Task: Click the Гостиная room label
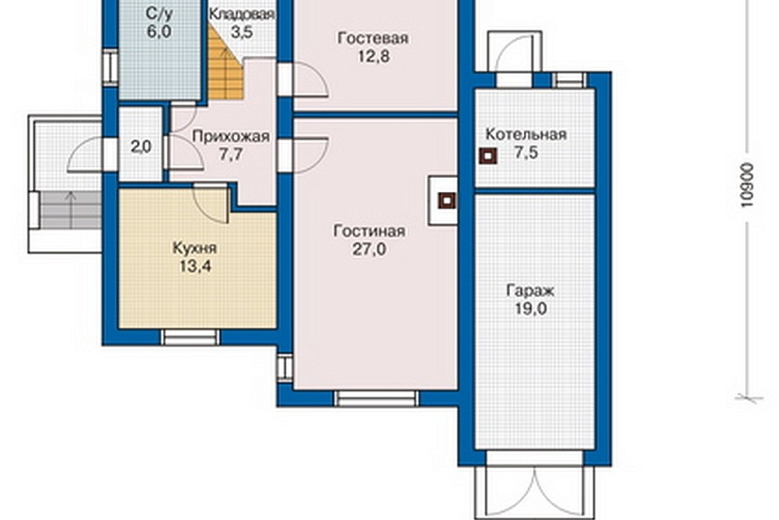pos(369,232)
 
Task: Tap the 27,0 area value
pos(369,250)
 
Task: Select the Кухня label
pos(195,248)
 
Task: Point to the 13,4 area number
pos(195,267)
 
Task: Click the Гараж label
pos(530,290)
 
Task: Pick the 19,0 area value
pos(531,309)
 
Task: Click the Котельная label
pos(526,134)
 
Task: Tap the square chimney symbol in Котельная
pos(488,156)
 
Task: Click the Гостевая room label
pos(373,39)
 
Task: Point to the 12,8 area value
pos(374,56)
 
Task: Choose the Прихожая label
pos(230,136)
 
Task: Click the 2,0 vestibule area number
pos(141,147)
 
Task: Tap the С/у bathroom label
pos(159,13)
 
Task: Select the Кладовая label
pos(242,14)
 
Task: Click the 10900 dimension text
pos(746,184)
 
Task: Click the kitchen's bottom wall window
pos(191,337)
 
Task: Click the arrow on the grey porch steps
pos(72,210)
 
